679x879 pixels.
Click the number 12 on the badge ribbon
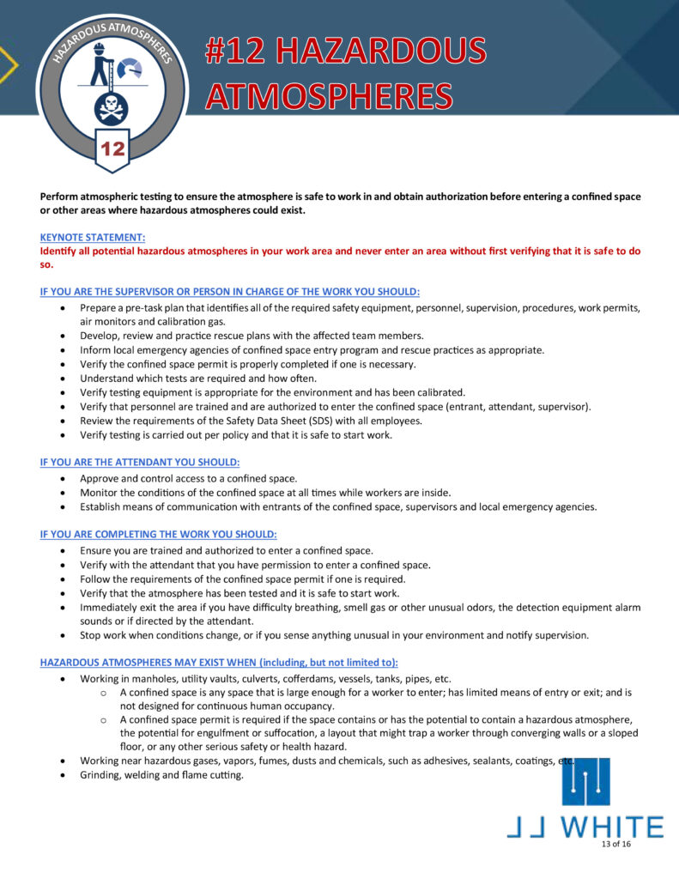[113, 149]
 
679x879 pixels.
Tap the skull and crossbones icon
[112, 108]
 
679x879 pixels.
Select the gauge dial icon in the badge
[130, 69]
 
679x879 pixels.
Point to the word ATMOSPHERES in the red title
[329, 95]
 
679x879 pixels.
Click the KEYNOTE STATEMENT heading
[93, 237]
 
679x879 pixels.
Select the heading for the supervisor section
[230, 292]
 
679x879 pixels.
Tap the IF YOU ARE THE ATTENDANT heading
[140, 462]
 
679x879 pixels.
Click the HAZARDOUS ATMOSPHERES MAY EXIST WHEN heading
[220, 662]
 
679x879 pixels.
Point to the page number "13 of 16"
[616, 845]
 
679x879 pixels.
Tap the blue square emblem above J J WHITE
[586, 782]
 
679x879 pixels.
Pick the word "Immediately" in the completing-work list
[108, 607]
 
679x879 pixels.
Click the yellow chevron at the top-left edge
[8, 64]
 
